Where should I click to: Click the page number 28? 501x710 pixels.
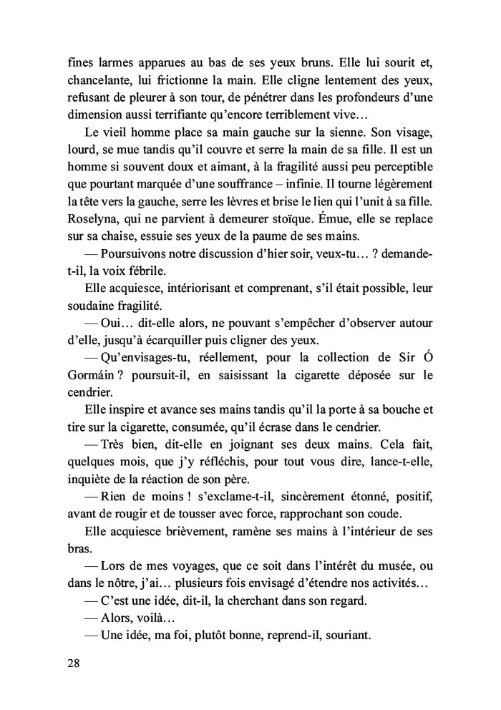70,662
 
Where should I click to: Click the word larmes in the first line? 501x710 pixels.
110,61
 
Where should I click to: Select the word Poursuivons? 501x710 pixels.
138,253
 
